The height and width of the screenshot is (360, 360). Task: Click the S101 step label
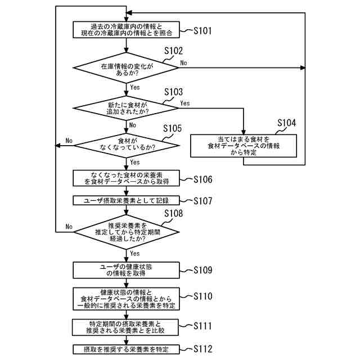(x=202, y=30)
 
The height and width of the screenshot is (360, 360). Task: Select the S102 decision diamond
(x=126, y=68)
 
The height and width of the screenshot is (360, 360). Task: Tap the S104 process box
(x=244, y=146)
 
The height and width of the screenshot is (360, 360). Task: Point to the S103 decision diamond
(x=126, y=108)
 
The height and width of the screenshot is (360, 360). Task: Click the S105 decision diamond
(x=127, y=146)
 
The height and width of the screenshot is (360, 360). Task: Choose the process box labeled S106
(x=126, y=178)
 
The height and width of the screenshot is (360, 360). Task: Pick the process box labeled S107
(x=126, y=200)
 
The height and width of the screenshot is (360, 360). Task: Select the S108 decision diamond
(x=127, y=232)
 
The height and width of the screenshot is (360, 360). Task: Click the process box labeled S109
(x=126, y=270)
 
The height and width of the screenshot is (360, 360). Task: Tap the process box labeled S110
(x=126, y=299)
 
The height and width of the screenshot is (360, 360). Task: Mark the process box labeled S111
(x=125, y=327)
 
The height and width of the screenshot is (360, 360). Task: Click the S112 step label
(x=202, y=349)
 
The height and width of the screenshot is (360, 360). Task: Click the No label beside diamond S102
(x=183, y=62)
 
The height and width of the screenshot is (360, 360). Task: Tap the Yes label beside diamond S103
(x=185, y=103)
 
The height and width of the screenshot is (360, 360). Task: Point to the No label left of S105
(x=69, y=141)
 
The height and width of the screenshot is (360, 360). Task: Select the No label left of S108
(x=69, y=227)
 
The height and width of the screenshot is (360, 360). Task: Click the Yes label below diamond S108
(x=135, y=254)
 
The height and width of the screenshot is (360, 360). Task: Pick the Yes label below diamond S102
(x=135, y=87)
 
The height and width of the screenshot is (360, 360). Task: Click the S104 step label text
(x=286, y=123)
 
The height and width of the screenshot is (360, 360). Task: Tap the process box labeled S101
(x=126, y=30)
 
